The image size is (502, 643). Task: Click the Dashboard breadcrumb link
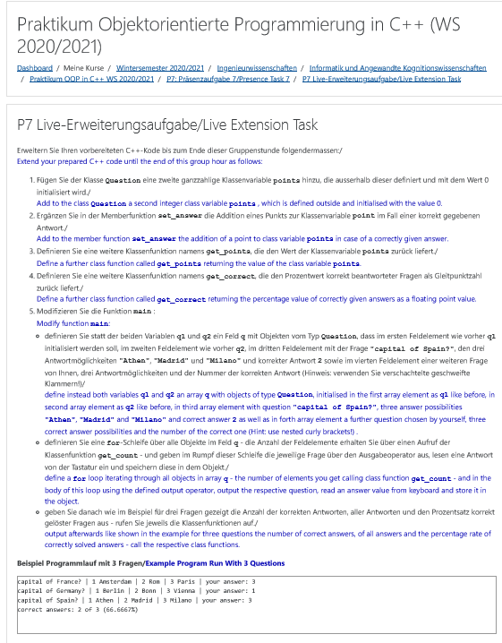(35, 68)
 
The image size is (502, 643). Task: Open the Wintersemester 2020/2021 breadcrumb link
(160, 68)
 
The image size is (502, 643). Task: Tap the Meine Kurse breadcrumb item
(82, 68)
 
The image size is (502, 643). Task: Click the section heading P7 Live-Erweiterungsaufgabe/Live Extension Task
(167, 124)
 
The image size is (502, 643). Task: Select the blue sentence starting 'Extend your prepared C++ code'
(139, 161)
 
